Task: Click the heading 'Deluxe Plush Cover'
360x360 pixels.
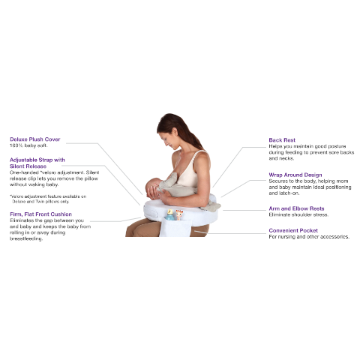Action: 34,139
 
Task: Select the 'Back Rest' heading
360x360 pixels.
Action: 282,139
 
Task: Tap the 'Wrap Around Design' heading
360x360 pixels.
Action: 296,174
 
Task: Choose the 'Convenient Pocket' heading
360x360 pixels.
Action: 294,230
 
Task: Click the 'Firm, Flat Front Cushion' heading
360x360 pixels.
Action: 40,214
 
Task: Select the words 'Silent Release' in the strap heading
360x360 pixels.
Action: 28,166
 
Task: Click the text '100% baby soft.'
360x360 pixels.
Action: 28,145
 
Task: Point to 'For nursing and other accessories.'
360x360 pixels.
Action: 308,237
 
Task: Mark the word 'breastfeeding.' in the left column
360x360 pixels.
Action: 25,239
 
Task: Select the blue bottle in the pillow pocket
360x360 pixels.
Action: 169,215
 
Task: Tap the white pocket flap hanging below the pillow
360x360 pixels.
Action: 173,228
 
